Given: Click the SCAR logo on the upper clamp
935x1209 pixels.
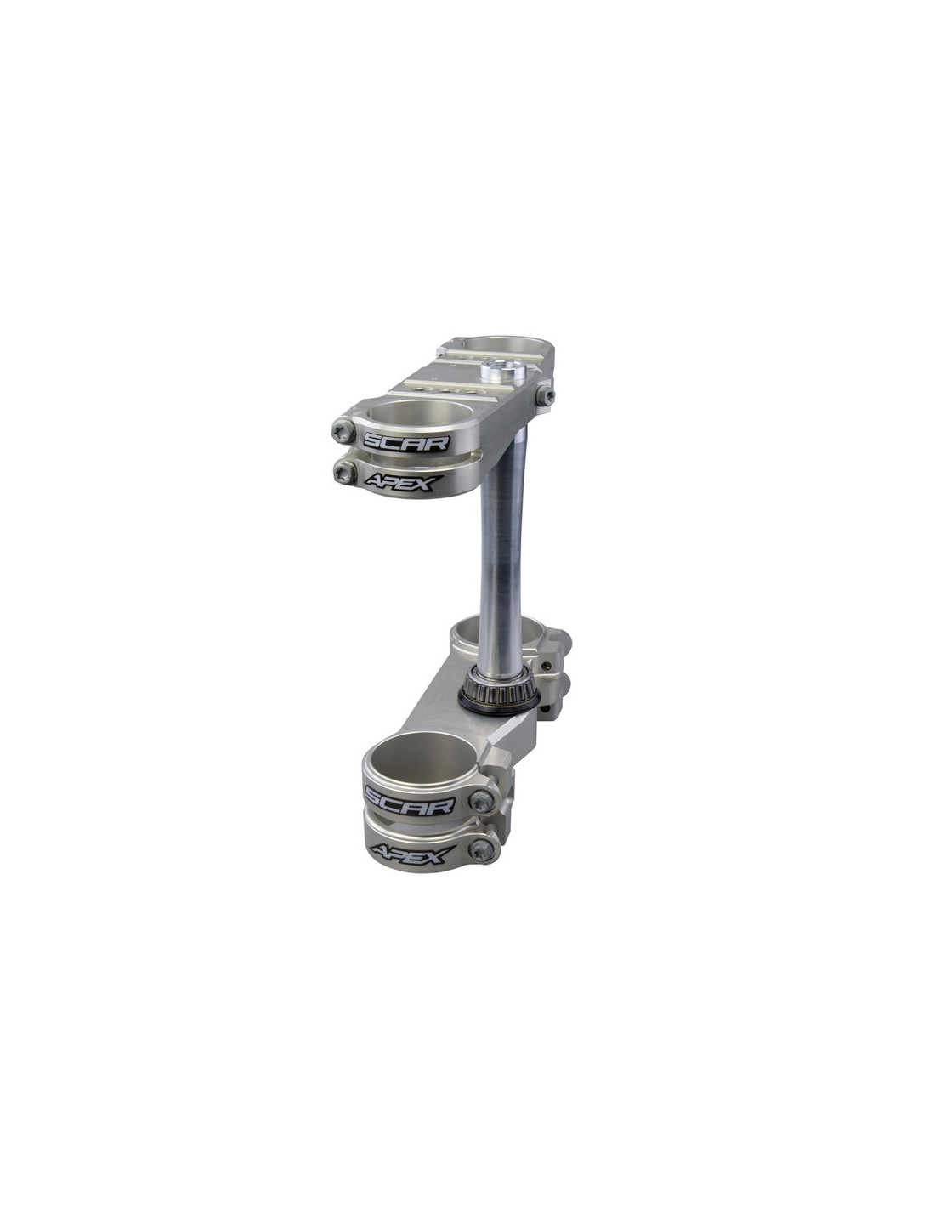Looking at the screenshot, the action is pos(406,442).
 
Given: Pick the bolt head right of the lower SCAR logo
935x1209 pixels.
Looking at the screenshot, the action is pos(482,801).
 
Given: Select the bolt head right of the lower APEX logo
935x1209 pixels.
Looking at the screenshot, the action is pos(482,849).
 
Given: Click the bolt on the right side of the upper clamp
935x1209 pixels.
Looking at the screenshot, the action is pos(545,395).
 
